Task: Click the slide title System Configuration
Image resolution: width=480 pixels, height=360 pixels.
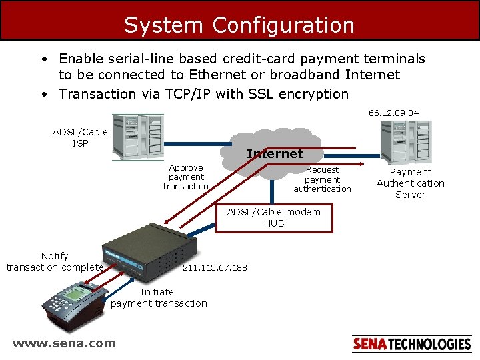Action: tap(239, 25)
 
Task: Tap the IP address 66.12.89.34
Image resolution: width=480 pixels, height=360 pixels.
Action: tap(393, 113)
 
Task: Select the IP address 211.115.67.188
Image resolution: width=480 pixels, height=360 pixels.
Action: tap(215, 267)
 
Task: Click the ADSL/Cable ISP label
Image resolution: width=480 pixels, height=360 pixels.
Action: tap(79, 137)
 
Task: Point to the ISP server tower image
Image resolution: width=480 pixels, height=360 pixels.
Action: tap(138, 136)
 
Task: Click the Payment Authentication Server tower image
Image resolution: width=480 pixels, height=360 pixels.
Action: tap(405, 141)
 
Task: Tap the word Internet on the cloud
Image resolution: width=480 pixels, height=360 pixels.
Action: tap(274, 154)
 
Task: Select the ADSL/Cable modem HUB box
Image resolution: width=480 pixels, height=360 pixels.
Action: tap(273, 217)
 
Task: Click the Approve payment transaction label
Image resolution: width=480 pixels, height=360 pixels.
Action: tap(186, 177)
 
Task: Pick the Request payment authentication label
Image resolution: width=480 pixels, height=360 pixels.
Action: tap(322, 179)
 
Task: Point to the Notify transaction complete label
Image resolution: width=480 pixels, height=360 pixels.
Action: tap(55, 261)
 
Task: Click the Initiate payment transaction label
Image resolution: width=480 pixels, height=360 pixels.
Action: tap(159, 297)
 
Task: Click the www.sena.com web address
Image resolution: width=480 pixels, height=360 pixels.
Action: tap(64, 343)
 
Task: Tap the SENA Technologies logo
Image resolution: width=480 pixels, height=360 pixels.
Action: tap(411, 344)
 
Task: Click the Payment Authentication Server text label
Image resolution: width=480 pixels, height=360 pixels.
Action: tap(410, 183)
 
